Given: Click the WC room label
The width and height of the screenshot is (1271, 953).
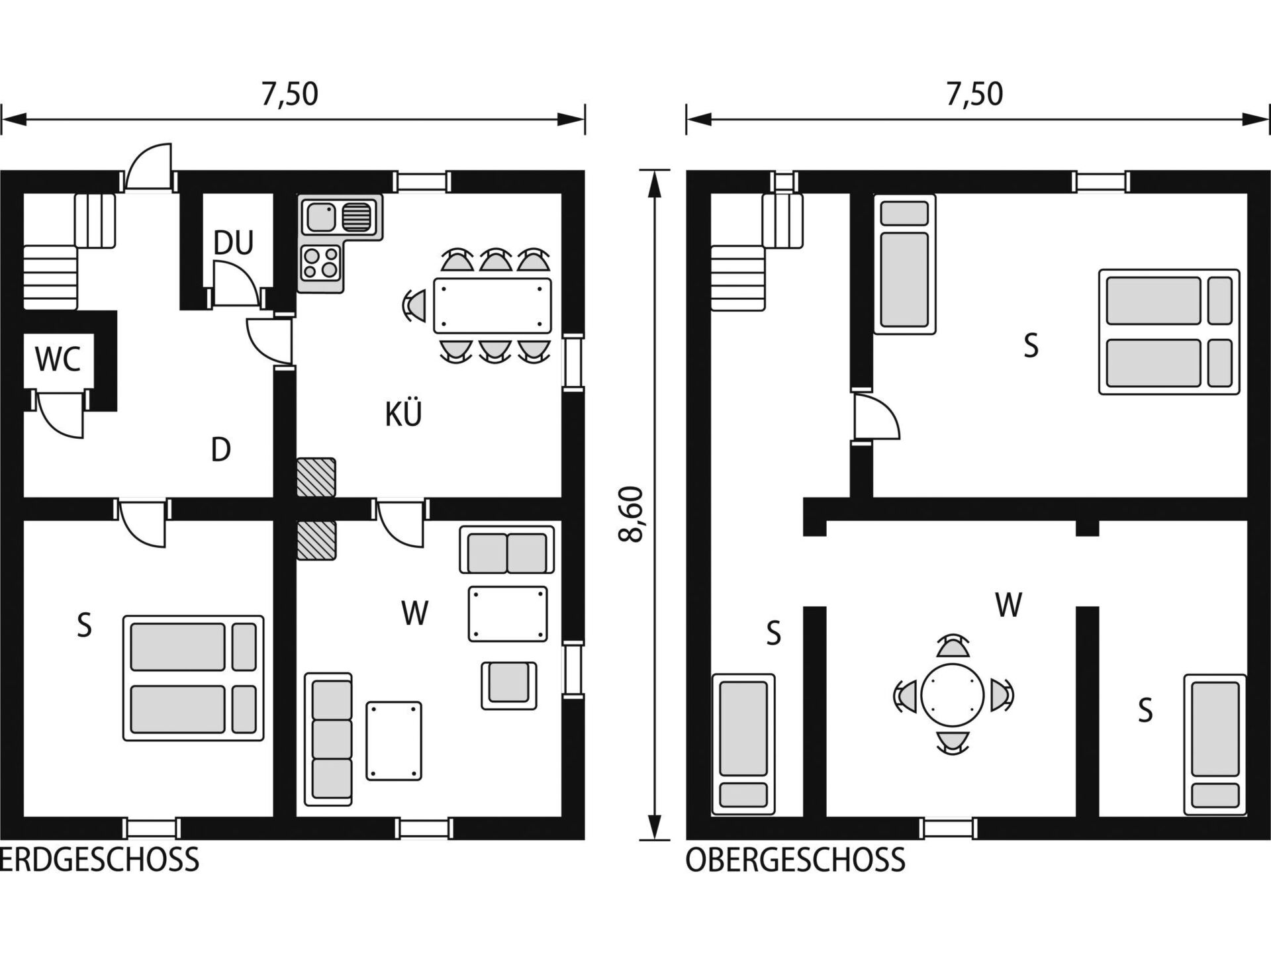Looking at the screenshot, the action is point(58,359).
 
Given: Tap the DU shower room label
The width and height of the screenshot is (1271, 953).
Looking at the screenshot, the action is point(233,243).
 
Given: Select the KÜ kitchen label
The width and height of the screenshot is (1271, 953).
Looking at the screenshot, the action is point(403,414).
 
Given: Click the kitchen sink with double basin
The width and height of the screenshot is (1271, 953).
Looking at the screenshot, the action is point(342,217).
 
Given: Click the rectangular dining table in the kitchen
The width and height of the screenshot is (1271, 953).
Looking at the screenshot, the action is point(493,305).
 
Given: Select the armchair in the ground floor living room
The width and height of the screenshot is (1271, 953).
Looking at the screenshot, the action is point(508,685).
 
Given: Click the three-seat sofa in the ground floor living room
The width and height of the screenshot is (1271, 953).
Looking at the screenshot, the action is point(328,739).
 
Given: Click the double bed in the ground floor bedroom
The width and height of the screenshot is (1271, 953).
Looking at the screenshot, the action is point(193,678).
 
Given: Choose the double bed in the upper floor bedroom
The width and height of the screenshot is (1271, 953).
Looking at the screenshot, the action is point(1169,332).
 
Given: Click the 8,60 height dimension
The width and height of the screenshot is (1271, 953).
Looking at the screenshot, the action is point(631,514).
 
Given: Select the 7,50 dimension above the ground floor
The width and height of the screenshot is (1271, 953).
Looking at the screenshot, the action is point(289,94).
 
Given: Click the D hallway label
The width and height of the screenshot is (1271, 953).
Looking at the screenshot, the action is point(220,450).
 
